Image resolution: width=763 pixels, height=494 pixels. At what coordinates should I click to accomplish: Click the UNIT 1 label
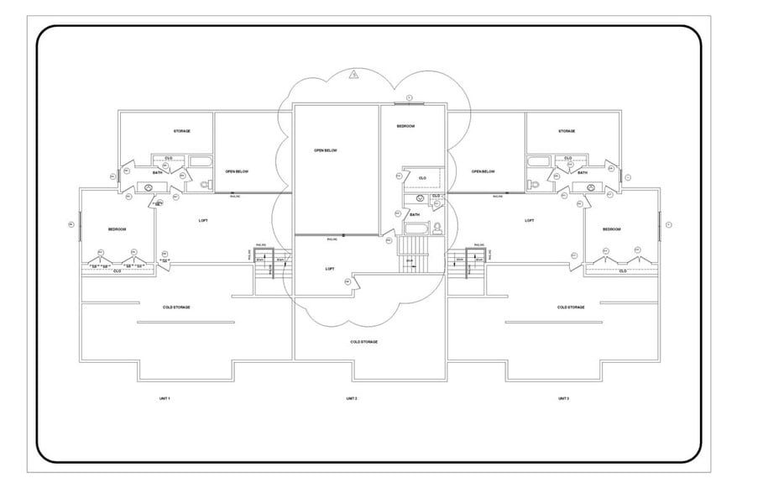(165, 397)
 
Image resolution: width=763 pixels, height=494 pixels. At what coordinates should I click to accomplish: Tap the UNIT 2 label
(352, 397)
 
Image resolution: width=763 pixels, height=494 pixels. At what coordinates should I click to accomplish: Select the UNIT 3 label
(563, 397)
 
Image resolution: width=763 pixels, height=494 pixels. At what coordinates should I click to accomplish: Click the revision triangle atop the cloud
(355, 75)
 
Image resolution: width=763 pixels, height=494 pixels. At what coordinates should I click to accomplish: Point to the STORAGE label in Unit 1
(181, 131)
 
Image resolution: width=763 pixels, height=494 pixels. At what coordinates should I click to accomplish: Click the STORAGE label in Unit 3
(567, 131)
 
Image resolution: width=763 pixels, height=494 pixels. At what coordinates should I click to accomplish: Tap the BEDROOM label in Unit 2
(406, 126)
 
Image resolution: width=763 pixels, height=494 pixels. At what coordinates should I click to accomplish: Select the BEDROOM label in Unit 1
(117, 229)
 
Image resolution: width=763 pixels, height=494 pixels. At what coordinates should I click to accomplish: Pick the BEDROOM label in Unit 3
(612, 229)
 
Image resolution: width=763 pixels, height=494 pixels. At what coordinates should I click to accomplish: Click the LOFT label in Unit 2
(330, 269)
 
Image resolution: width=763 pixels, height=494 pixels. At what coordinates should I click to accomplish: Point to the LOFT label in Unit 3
(529, 220)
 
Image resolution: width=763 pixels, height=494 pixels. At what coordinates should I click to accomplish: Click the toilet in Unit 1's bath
(204, 182)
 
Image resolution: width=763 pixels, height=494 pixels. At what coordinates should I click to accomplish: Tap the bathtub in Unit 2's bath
(417, 228)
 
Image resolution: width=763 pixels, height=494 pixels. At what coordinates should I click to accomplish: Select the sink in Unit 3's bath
(591, 187)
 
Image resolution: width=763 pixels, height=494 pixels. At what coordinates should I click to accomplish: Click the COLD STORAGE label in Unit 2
(363, 342)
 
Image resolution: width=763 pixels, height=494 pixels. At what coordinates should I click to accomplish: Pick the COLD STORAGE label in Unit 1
(176, 307)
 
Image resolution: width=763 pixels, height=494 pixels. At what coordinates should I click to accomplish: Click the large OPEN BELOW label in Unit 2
(325, 150)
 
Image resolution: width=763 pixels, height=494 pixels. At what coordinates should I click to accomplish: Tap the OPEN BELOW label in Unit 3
(483, 171)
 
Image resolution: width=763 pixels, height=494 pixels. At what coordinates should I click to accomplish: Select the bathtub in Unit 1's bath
(201, 160)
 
